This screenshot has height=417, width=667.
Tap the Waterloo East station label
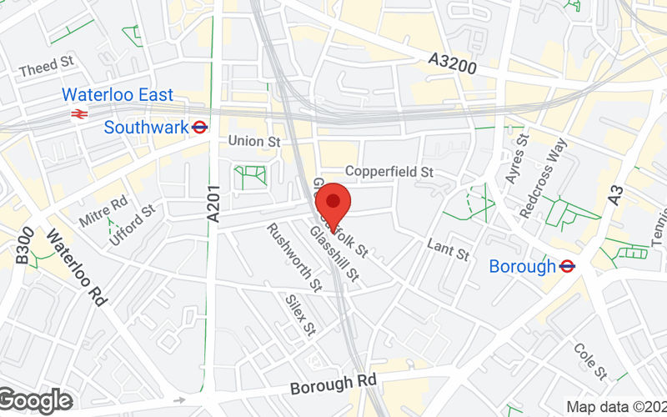[x=118, y=94]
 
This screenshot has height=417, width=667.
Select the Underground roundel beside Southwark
[x=199, y=128]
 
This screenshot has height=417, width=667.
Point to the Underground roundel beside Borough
[x=567, y=266]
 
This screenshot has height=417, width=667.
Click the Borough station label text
[x=522, y=267]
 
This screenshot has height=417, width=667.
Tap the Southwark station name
[x=146, y=128]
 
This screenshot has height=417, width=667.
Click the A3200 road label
[x=453, y=63]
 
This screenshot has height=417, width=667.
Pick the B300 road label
[x=24, y=248]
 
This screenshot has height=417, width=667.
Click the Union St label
[x=254, y=142]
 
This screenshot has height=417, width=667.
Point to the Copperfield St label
[x=390, y=172]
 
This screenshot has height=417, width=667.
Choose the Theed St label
[x=47, y=65]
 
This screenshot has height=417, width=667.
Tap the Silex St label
[x=298, y=311]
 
